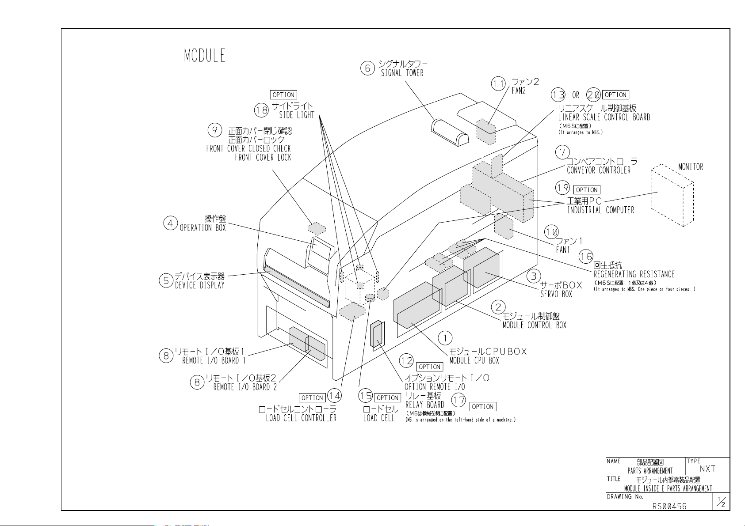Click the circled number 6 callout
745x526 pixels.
click(367, 68)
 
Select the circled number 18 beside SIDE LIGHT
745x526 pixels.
click(261, 110)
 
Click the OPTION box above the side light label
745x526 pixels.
click(283, 95)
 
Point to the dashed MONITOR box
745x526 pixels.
click(672, 195)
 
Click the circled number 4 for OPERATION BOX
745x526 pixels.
click(170, 223)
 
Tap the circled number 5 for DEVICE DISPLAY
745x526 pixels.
click(166, 281)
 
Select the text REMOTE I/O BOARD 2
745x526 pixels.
click(245, 387)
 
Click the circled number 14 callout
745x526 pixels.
click(335, 396)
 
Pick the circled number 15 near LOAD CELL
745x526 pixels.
click(366, 396)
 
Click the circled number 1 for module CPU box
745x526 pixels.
click(445, 338)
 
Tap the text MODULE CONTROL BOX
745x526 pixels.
click(535, 325)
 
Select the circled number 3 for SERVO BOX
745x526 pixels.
click(534, 276)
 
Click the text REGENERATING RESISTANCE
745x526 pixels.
click(634, 274)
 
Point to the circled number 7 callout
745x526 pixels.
click(562, 152)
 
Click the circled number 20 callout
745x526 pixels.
click(593, 95)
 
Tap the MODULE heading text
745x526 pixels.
click(205, 56)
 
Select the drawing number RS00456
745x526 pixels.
click(669, 507)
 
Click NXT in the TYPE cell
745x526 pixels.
click(707, 469)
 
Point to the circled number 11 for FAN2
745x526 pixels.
click(498, 84)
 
